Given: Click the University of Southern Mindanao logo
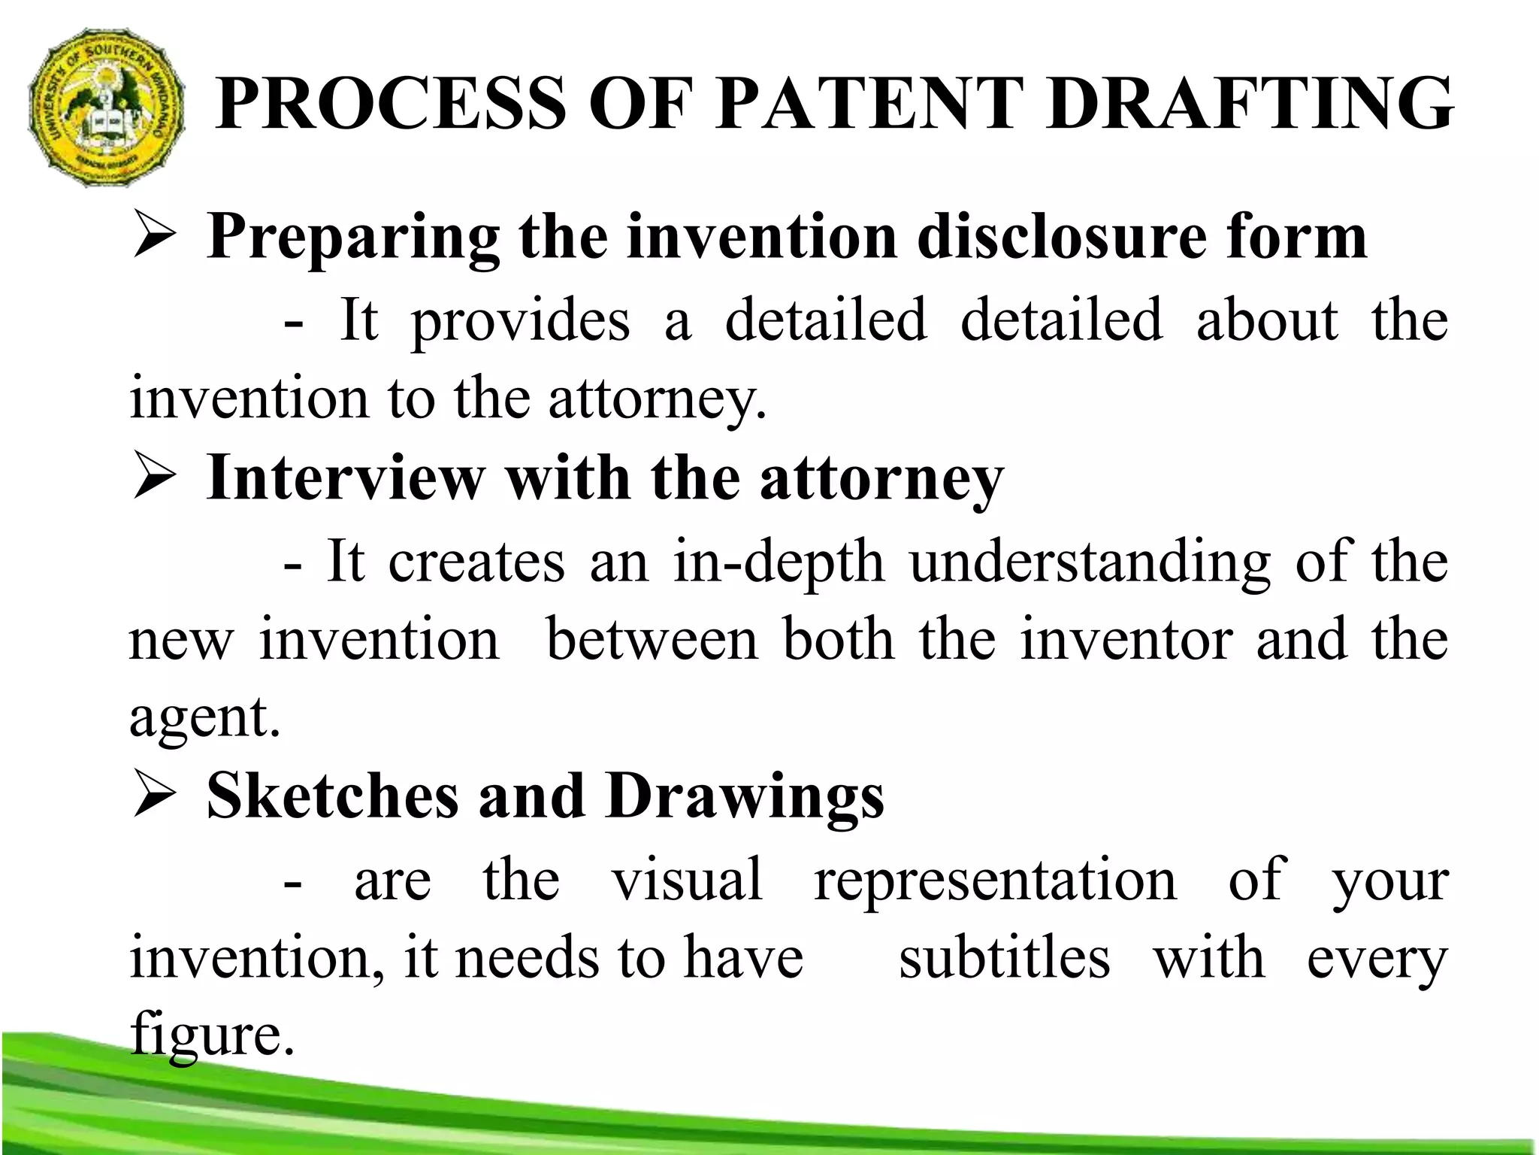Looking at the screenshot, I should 105,109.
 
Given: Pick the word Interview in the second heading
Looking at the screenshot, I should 346,478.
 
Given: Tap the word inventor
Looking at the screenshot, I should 1126,641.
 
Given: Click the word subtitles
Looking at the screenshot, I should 1004,959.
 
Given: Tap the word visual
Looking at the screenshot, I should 687,880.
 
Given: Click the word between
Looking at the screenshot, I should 652,641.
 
